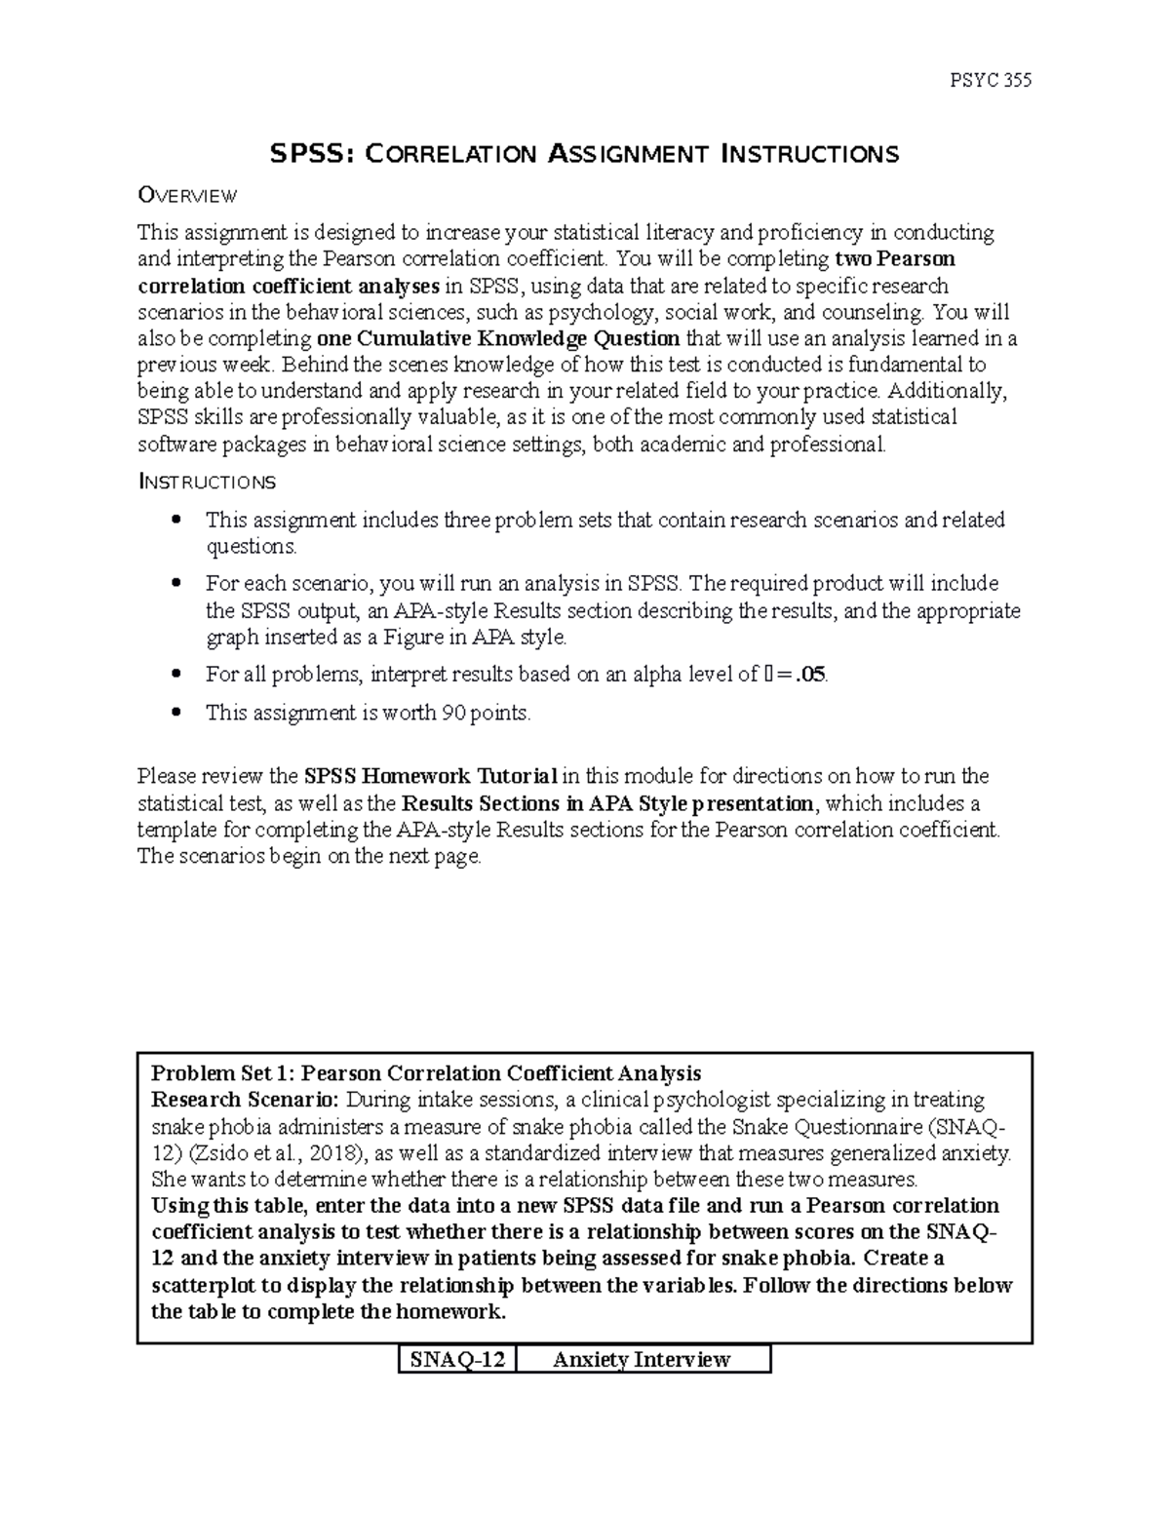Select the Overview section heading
point(187,196)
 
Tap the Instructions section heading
point(207,482)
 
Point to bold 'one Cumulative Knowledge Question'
point(499,339)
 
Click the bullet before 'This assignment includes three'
point(176,520)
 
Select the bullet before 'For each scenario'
point(176,584)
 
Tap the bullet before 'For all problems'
point(176,674)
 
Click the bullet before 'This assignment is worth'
point(176,712)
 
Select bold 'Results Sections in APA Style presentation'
point(606,804)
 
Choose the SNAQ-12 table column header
point(457,1359)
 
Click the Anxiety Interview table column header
point(642,1359)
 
